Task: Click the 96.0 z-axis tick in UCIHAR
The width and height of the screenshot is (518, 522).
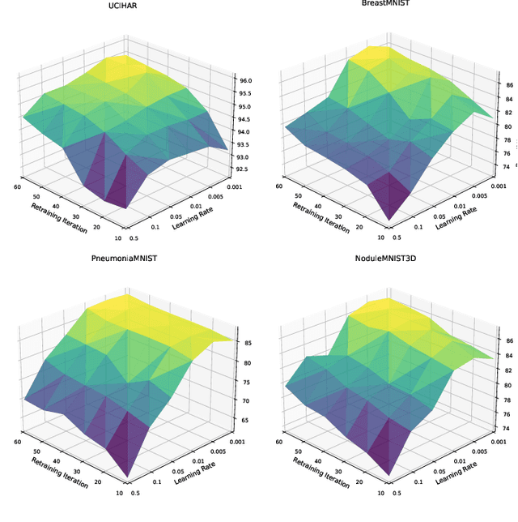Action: click(x=243, y=80)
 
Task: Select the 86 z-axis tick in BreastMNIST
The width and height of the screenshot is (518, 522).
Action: click(x=509, y=84)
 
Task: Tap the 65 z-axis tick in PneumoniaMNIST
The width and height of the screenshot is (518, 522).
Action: click(x=244, y=420)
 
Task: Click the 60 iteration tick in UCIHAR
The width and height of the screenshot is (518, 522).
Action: click(x=17, y=186)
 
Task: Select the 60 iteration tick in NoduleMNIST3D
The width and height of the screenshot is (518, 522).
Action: click(x=278, y=441)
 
